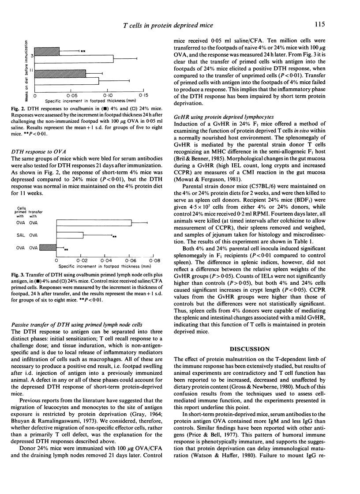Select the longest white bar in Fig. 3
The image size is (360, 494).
(94, 223)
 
